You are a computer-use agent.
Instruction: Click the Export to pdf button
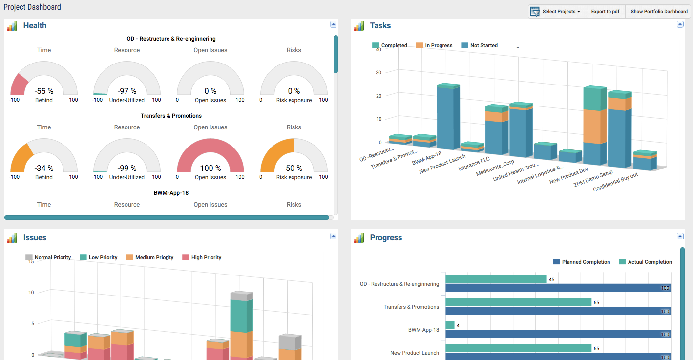pyautogui.click(x=605, y=12)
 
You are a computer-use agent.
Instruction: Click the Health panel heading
pyautogui.click(x=35, y=26)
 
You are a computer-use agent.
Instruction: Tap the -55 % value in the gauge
pyautogui.click(x=44, y=91)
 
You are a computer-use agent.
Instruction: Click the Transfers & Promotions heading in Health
pyautogui.click(x=171, y=116)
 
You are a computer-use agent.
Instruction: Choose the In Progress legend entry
pyautogui.click(x=438, y=45)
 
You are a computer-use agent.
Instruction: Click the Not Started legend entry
pyautogui.click(x=483, y=45)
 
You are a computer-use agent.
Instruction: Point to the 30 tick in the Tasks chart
pyautogui.click(x=378, y=72)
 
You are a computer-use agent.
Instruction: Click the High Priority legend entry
pyautogui.click(x=206, y=257)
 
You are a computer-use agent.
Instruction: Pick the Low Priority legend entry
pyautogui.click(x=103, y=257)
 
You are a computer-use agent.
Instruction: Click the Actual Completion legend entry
pyautogui.click(x=650, y=262)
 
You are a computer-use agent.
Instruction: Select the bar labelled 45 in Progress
pyautogui.click(x=496, y=279)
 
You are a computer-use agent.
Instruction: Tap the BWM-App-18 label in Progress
pyautogui.click(x=423, y=330)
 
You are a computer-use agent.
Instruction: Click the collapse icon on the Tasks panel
pyautogui.click(x=680, y=24)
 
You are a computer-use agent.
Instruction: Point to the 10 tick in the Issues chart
pyautogui.click(x=32, y=292)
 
